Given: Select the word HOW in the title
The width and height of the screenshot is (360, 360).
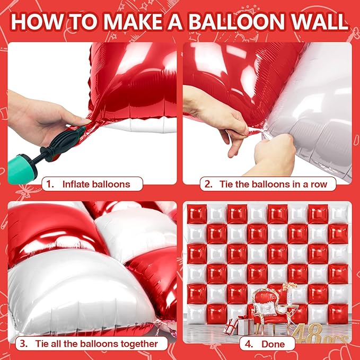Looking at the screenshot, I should click(36, 22).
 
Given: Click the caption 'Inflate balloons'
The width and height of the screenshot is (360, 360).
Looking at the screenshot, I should click(95, 185).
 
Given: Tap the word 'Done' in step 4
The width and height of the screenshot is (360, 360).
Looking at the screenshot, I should click(274, 344).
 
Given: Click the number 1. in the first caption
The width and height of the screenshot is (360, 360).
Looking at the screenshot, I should click(49, 185).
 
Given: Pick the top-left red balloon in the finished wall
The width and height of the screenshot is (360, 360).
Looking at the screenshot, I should click(197, 214).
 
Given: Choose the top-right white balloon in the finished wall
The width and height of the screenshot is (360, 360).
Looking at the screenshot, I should click(338, 214).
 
